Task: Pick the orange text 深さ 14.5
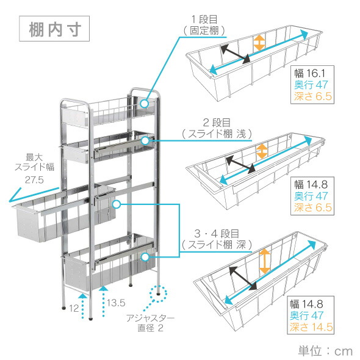311,327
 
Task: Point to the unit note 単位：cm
325,351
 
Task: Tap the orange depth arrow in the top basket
259,41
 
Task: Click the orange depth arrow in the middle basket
261,151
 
